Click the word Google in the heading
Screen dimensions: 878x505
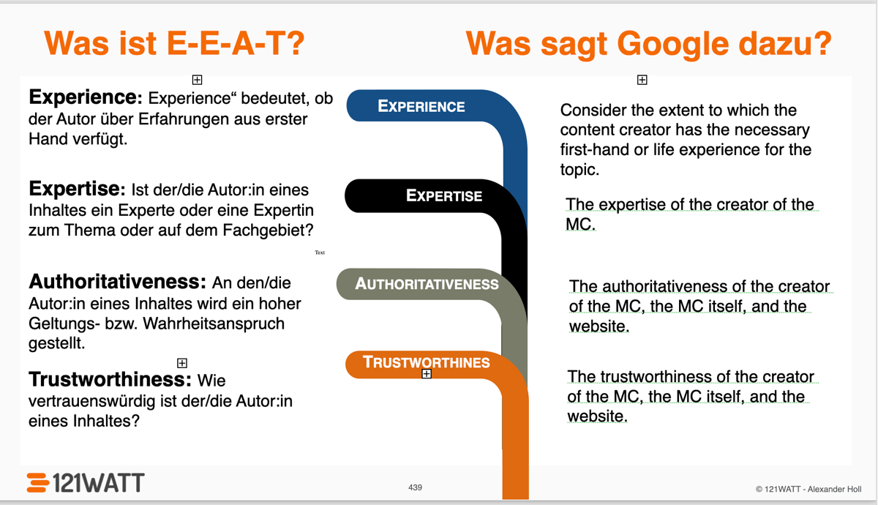pos(672,44)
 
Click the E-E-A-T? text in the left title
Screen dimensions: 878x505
pos(236,43)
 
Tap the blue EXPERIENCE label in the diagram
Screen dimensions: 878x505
pos(421,106)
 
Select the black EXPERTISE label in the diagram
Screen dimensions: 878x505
pos(444,195)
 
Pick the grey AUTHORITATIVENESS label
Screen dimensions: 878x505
pos(427,284)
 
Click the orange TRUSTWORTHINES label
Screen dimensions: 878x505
pos(427,362)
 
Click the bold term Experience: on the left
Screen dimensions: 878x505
pos(86,97)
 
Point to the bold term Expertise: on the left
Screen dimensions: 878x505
pos(78,189)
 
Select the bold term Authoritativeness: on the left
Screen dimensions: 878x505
pos(117,282)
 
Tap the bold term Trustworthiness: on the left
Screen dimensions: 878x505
pos(110,379)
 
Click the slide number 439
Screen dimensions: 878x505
pos(415,487)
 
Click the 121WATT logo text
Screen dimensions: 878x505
pos(99,482)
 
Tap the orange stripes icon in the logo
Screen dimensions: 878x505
pos(38,482)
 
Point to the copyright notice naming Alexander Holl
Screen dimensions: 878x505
pos(808,489)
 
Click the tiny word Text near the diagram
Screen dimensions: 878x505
pos(320,252)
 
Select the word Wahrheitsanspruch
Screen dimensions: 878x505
pos(213,323)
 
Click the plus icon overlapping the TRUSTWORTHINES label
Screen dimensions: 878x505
pos(427,374)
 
